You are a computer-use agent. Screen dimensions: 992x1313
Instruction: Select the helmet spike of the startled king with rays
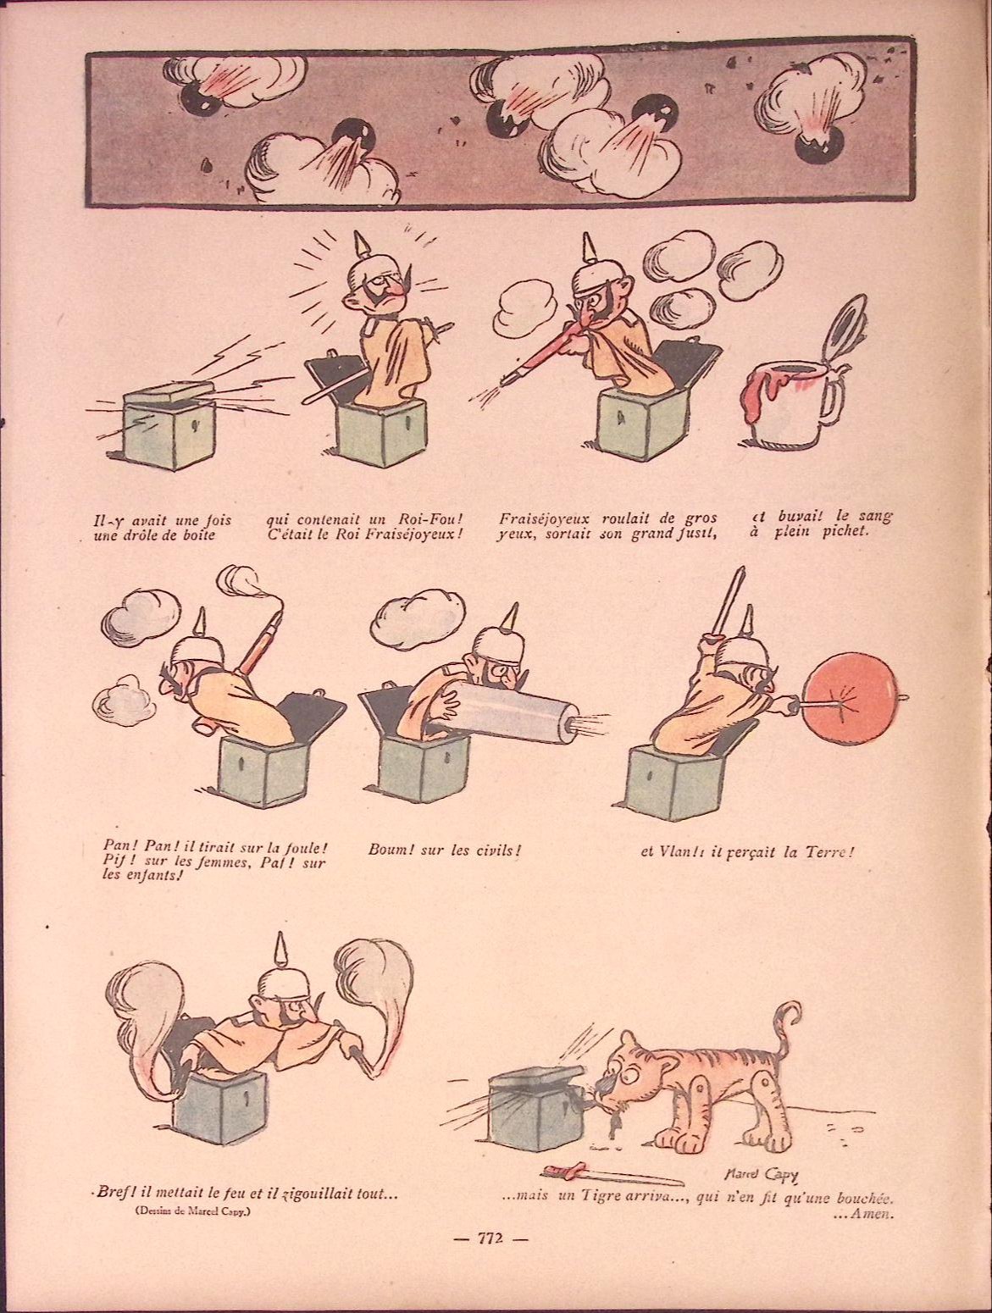pyautogui.click(x=360, y=246)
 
